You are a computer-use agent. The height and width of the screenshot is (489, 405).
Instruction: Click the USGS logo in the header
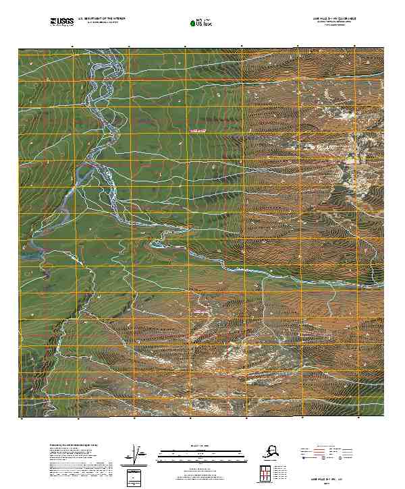click(62, 22)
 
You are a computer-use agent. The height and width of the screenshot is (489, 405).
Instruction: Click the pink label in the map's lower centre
click(200, 312)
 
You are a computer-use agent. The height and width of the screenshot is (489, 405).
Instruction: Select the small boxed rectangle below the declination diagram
click(137, 478)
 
